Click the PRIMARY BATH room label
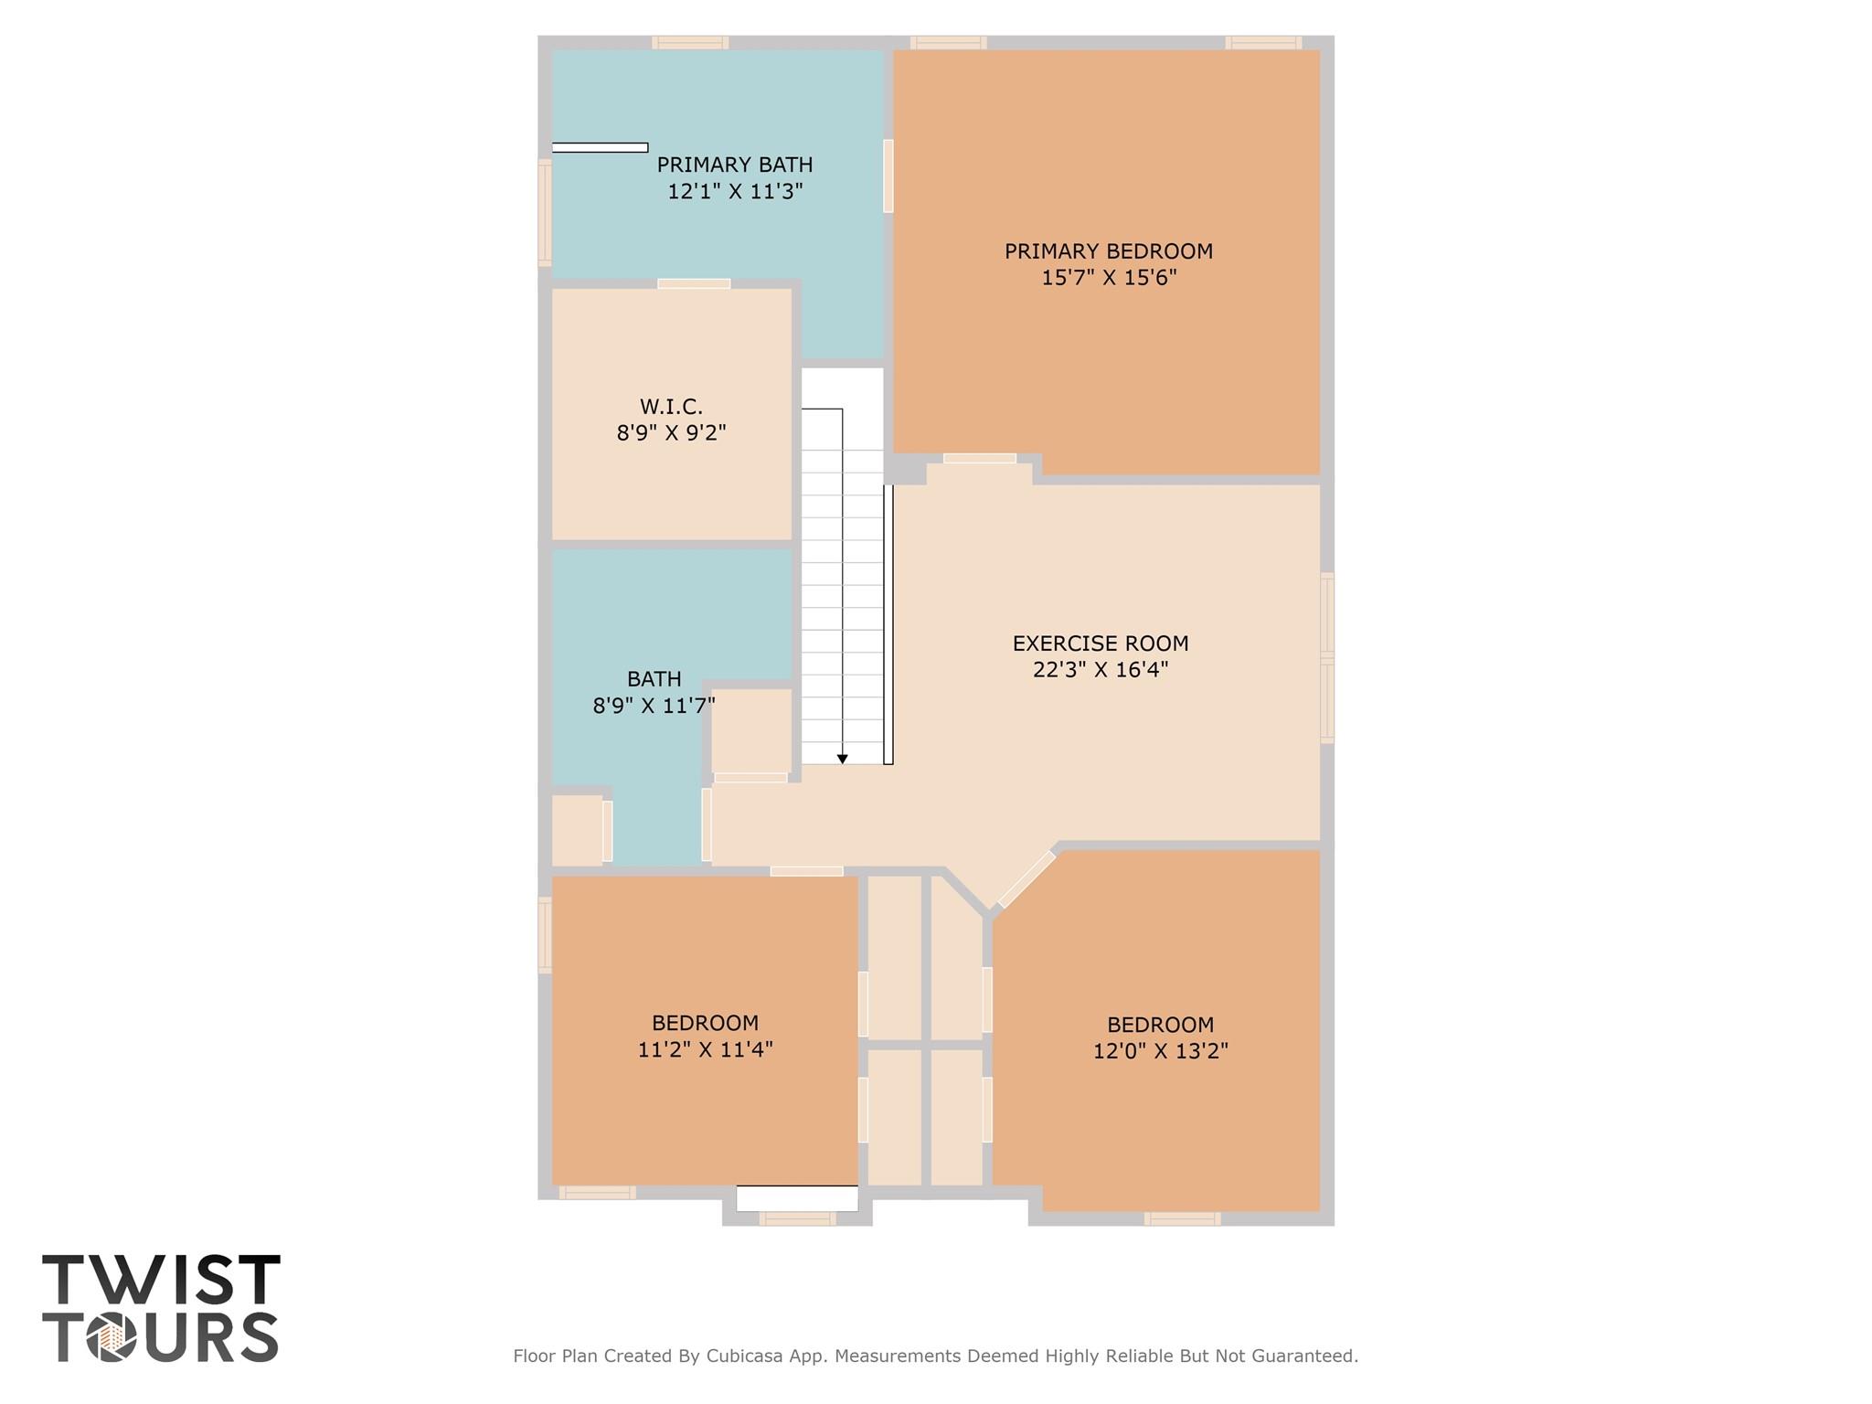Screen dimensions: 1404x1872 tap(734, 165)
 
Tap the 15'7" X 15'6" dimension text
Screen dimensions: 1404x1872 tap(1108, 278)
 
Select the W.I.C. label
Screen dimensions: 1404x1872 tap(671, 407)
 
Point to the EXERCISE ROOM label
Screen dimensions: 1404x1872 tap(1101, 643)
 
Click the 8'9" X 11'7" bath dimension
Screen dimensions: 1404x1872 tap(654, 706)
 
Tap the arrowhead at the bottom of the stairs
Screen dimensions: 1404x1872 tap(843, 759)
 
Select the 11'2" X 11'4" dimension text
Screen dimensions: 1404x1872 tap(705, 1049)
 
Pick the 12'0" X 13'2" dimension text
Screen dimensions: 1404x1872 tap(1160, 1051)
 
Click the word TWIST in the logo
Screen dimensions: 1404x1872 tap(161, 1280)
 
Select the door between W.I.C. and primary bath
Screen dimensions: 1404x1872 tap(694, 283)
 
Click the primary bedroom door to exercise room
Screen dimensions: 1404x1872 tap(979, 458)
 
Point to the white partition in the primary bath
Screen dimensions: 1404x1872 tap(600, 147)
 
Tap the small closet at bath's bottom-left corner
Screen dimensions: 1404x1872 tap(577, 830)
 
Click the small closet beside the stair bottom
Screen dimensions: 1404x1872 tap(751, 730)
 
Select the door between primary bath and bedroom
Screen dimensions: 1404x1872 tap(888, 175)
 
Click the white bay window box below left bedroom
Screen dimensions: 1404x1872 tap(797, 1198)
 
